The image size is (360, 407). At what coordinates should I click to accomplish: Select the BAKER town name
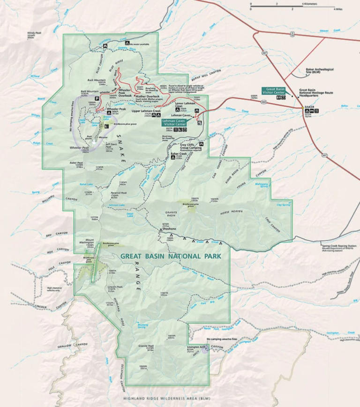coord(308,106)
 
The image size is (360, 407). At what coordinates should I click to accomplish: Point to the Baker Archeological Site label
coord(318,70)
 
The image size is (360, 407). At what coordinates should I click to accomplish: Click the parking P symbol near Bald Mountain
coord(97,98)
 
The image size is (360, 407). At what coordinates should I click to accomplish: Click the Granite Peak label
coord(146,345)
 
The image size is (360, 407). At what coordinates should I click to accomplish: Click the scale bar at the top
coord(292,6)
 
